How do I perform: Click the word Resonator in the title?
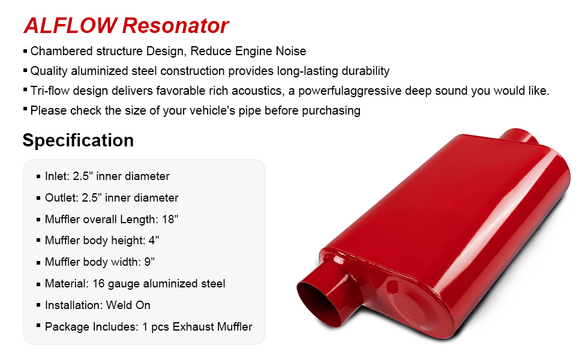tap(175, 26)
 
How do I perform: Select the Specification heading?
tap(78, 140)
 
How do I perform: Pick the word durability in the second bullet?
tap(365, 71)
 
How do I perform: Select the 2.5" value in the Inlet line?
tap(82, 176)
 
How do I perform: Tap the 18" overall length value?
tap(170, 219)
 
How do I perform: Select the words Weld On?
tap(128, 305)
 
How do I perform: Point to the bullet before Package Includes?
tap(38, 326)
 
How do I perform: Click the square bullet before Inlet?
tap(38, 176)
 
